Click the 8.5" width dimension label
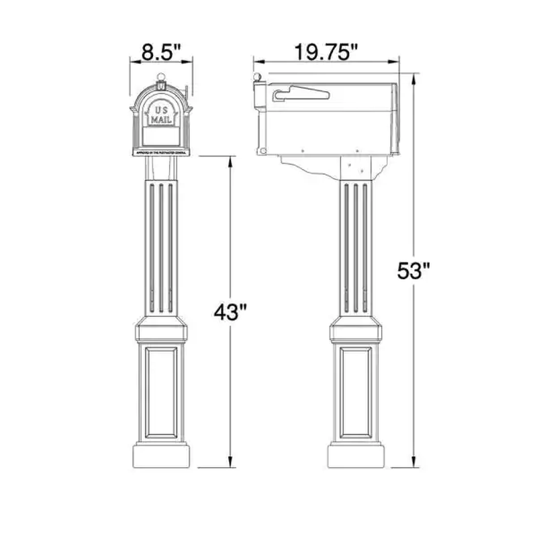(x=161, y=52)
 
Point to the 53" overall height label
(x=413, y=271)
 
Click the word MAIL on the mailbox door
(x=161, y=119)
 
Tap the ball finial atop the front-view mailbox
(x=161, y=77)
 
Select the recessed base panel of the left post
(x=161, y=390)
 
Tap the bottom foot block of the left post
(x=161, y=454)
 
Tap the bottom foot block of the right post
(x=356, y=454)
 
